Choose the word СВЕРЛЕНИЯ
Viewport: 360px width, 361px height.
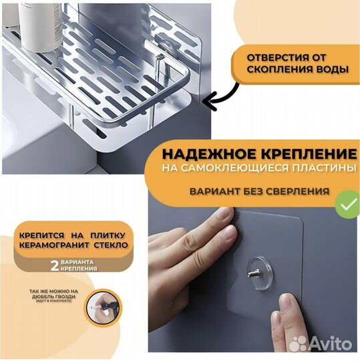coord(298,191)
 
